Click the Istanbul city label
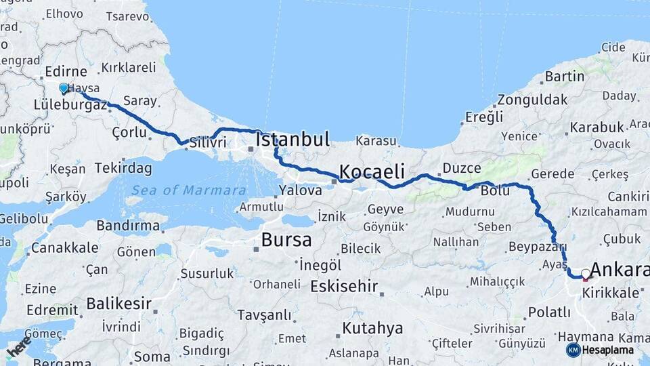(292, 140)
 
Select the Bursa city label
(286, 240)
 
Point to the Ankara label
(620, 270)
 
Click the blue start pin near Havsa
(64, 88)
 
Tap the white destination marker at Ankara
(586, 274)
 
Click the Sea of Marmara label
(189, 190)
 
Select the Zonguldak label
(532, 100)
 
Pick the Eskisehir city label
(344, 286)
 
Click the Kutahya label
(372, 329)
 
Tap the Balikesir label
(119, 303)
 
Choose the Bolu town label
(495, 190)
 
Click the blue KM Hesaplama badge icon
(573, 350)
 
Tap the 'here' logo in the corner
(18, 346)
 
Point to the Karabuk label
(597, 127)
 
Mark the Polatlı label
(549, 312)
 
